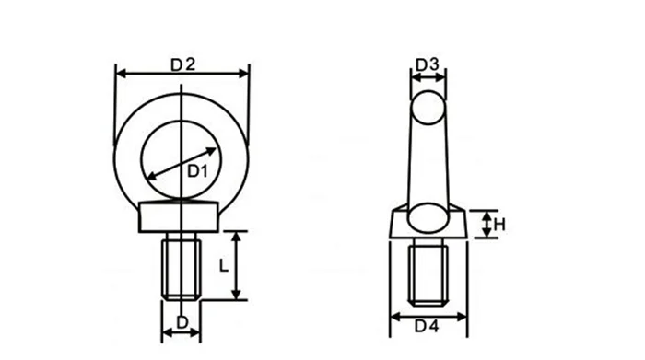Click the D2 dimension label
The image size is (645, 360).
click(182, 64)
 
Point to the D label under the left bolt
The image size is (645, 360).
click(182, 322)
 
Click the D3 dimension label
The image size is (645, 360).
click(426, 65)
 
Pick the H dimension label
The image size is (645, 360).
click(498, 225)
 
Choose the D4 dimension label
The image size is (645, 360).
click(427, 325)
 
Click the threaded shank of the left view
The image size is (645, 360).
click(182, 267)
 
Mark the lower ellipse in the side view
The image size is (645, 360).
click(427, 218)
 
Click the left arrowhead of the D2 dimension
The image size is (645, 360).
click(119, 71)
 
